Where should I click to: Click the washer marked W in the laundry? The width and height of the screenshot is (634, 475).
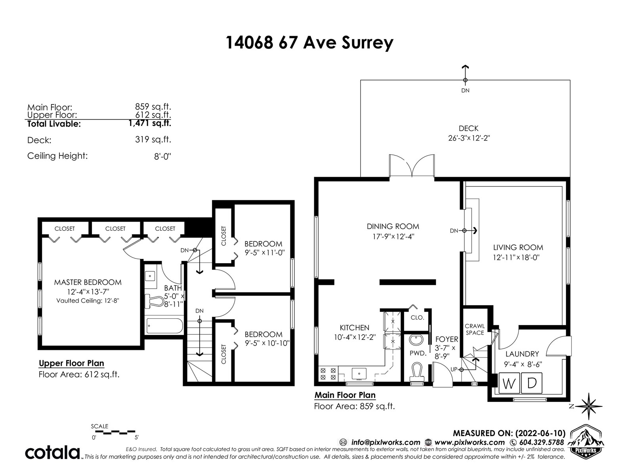point(509,383)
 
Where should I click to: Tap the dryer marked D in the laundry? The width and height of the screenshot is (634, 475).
point(532,383)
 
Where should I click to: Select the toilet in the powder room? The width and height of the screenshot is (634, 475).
point(417,372)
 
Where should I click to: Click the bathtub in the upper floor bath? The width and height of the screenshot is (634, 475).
point(164,326)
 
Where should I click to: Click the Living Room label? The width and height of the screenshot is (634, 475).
point(518,247)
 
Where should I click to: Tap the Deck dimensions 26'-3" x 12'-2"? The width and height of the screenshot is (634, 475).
point(469,138)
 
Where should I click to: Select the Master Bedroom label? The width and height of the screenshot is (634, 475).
point(88,282)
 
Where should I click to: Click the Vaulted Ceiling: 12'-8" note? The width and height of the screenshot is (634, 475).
point(88,300)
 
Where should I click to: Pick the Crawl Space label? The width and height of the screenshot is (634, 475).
point(475,329)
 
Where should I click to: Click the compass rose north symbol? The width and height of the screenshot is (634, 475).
point(588,406)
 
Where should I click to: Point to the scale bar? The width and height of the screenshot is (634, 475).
point(115,433)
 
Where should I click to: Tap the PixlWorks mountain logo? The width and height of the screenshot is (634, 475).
point(585,441)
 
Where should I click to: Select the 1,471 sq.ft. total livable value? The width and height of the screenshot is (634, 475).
point(150,123)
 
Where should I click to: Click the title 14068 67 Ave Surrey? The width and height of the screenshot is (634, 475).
point(309,43)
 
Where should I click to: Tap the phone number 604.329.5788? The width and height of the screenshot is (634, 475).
point(541,443)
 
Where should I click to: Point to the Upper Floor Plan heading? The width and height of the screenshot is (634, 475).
point(71,363)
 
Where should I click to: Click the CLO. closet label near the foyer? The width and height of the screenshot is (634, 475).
point(417,318)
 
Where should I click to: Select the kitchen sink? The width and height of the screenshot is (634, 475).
point(359,374)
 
